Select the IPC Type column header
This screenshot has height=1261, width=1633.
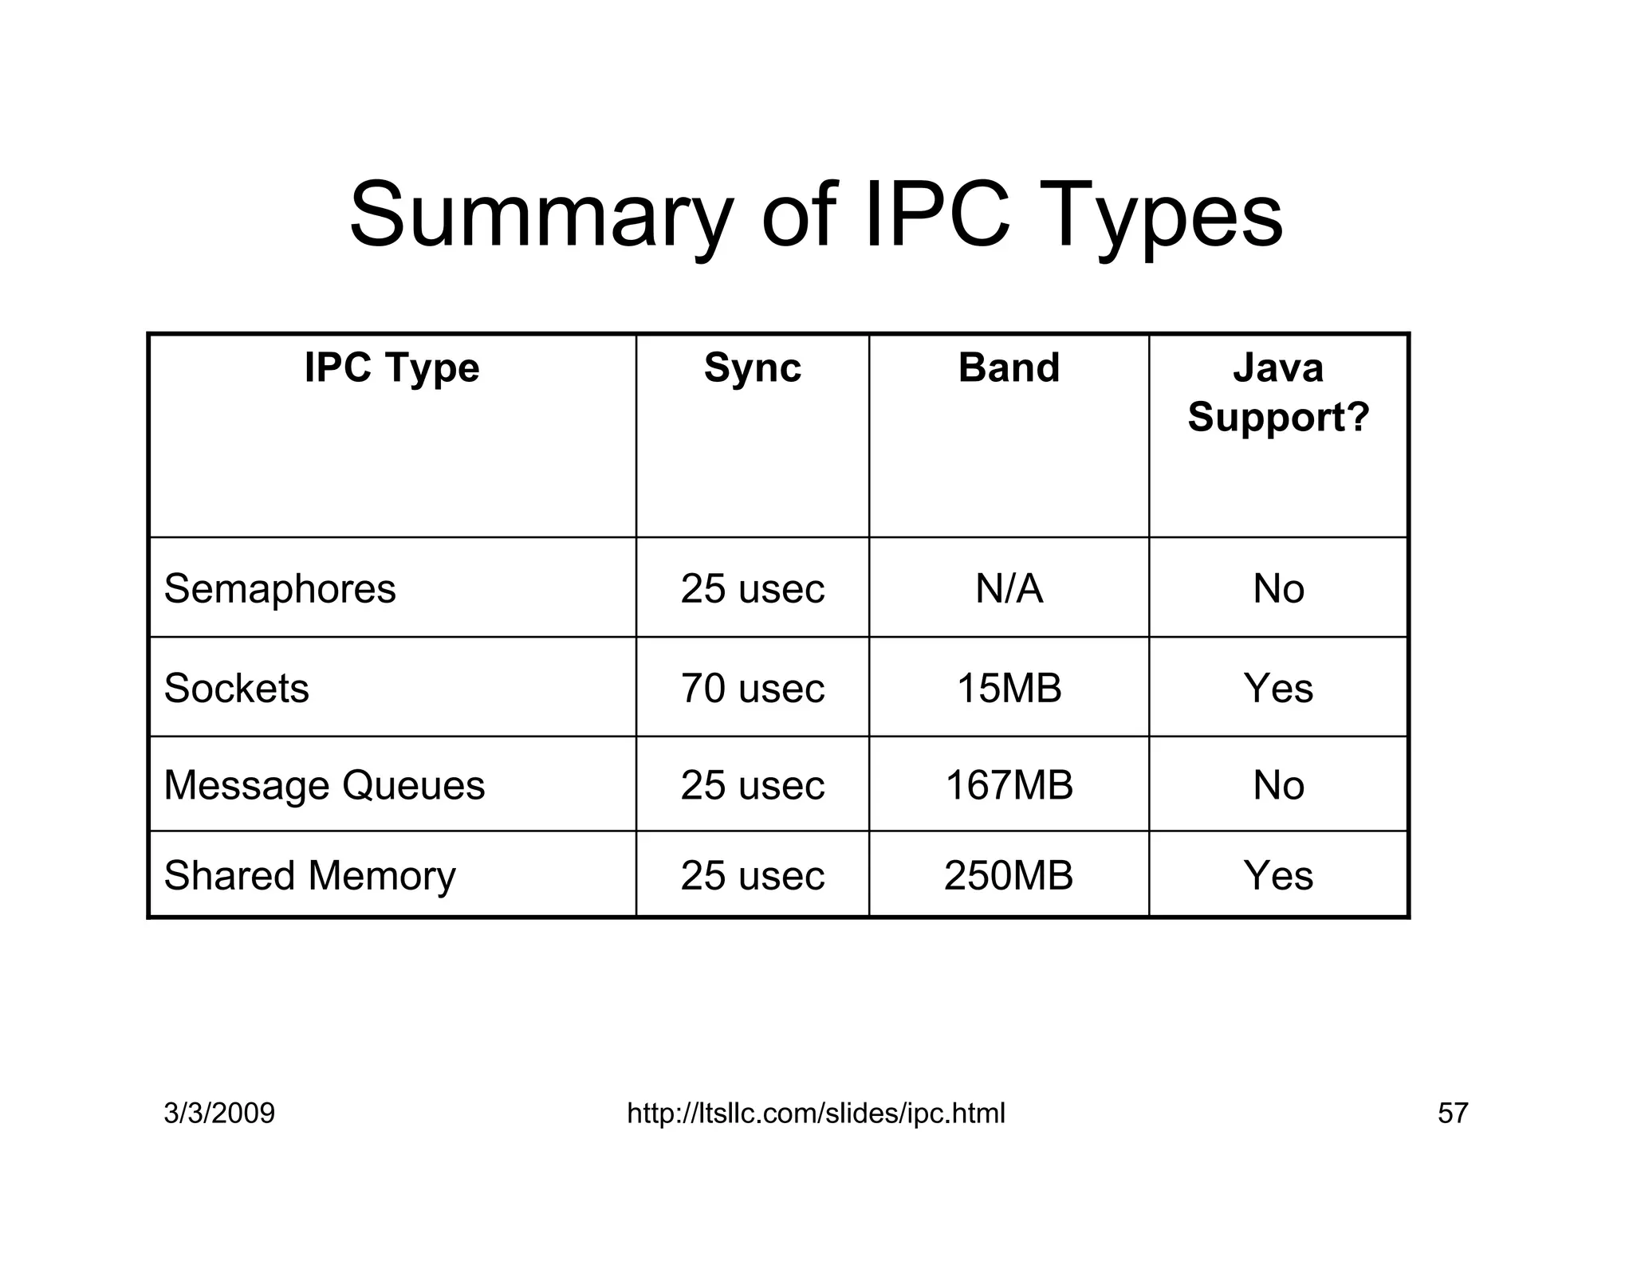[x=392, y=368]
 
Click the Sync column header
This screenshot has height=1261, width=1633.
[x=752, y=368]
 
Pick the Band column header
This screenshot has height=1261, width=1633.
[x=1009, y=368]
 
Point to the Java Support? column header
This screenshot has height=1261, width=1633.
[x=1278, y=392]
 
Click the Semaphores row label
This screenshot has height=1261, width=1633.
[x=280, y=589]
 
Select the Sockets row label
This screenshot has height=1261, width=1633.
[x=236, y=688]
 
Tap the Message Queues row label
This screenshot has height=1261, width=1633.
[x=324, y=785]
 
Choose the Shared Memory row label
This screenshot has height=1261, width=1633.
[x=309, y=875]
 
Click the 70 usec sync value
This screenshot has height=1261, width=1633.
[x=752, y=688]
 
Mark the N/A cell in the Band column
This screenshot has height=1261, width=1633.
[x=1009, y=589]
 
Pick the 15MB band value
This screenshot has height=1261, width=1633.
[x=1009, y=688]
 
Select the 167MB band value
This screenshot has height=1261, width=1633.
[x=1009, y=785]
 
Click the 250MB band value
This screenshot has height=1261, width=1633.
[x=1009, y=875]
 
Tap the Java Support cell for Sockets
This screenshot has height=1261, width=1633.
[x=1278, y=688]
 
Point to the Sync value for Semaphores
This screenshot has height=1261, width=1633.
[x=752, y=589]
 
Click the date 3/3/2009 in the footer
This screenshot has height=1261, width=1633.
[x=219, y=1113]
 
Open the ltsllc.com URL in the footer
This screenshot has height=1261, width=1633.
[x=816, y=1113]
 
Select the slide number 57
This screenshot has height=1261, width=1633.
[x=1452, y=1113]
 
